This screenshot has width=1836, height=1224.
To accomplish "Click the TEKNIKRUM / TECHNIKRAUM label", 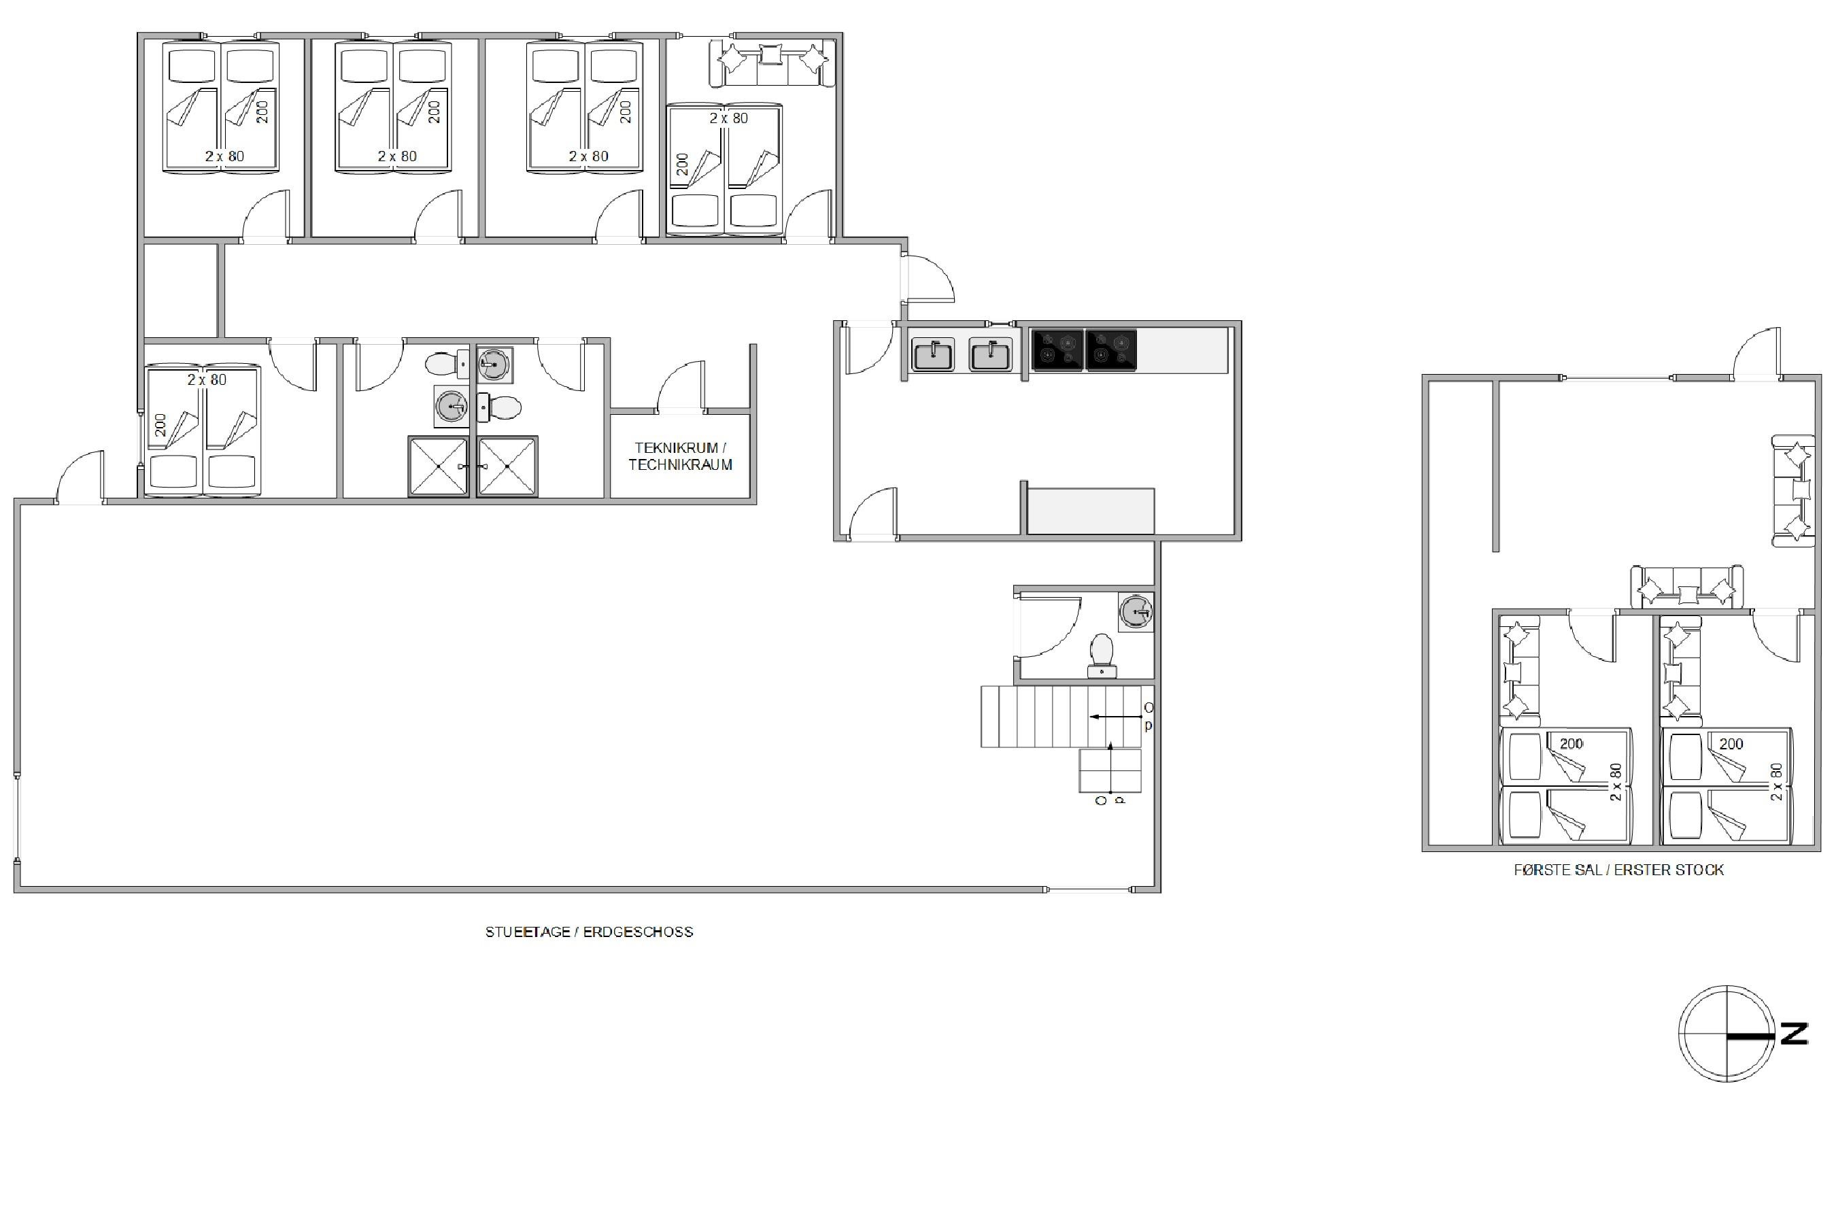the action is click(680, 456).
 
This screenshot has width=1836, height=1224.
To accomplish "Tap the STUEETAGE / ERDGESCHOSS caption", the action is click(589, 932).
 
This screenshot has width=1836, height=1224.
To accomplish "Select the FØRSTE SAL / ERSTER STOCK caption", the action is click(1618, 870).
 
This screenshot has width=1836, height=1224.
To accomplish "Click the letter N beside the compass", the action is click(1794, 1034).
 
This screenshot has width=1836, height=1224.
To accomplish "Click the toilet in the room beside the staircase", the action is click(1102, 655).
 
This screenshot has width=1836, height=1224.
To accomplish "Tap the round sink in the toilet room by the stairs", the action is click(1136, 612).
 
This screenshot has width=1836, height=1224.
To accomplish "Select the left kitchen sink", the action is click(933, 354).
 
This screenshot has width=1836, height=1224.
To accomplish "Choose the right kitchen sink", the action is click(990, 354).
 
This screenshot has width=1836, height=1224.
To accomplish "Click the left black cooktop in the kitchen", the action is click(1057, 350).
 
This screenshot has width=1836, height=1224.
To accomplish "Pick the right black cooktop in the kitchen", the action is click(1111, 350).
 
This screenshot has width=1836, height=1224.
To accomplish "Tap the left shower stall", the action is click(438, 466).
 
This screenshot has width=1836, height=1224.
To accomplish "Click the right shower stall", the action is click(507, 466).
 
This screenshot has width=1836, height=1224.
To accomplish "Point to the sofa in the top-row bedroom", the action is click(771, 63).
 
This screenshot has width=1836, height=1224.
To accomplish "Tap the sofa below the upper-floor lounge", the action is click(1686, 587).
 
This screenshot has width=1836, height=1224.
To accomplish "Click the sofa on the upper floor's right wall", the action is click(1793, 491).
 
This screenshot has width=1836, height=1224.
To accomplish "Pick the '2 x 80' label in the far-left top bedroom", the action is click(225, 156).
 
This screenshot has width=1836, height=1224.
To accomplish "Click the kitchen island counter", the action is click(1090, 511).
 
